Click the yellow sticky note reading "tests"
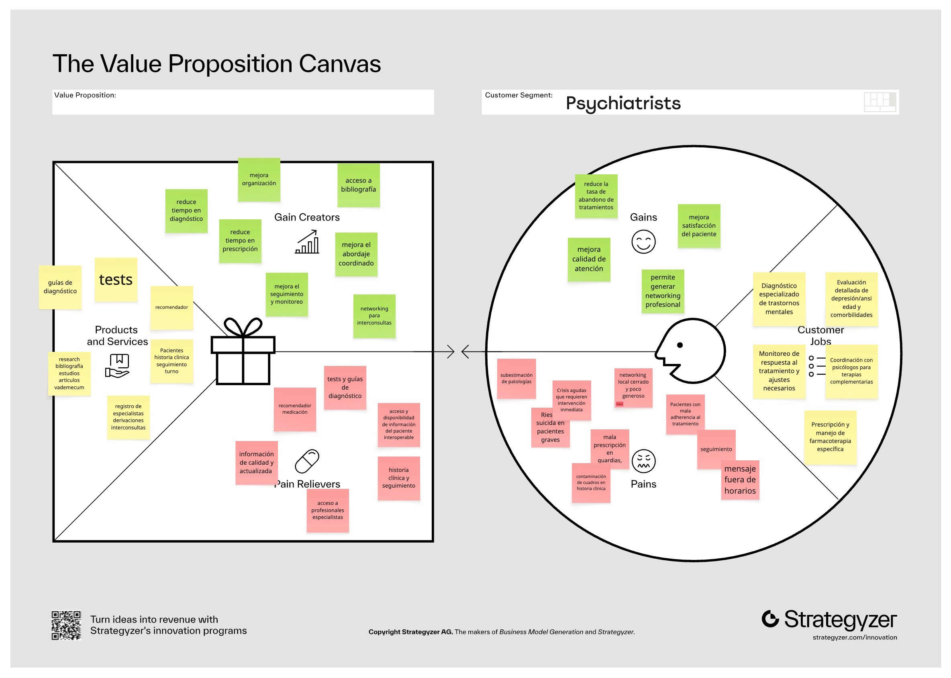point(116,279)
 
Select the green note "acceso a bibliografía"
point(358,185)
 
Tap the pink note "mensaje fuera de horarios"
point(740,480)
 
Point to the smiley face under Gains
point(643,241)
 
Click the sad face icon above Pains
point(643,461)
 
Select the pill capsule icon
point(307,461)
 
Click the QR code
point(66,625)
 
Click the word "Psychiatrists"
point(623,103)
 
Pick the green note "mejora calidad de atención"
point(589,259)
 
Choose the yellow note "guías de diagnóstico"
point(60,287)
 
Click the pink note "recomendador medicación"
point(295,409)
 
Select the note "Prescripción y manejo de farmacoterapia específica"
point(830,437)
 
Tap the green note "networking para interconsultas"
point(374,316)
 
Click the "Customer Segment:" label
point(518,95)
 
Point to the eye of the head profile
point(680,345)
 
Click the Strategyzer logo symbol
point(770,619)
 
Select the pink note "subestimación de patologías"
point(516,378)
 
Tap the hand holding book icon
point(118,366)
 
